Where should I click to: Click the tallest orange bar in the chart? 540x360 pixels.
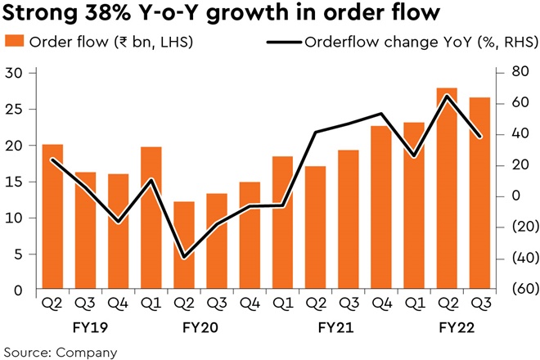[447, 188]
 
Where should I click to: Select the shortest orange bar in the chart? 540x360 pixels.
[185, 245]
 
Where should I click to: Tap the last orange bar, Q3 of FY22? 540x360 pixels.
[480, 193]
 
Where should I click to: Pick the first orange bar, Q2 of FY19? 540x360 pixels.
[53, 217]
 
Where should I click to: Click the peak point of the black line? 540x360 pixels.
[447, 96]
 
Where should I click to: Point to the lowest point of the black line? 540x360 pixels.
[185, 258]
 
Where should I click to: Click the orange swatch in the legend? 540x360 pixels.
[14, 43]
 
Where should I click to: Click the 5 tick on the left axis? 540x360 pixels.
[17, 254]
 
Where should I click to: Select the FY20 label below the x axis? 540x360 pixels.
[201, 328]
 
